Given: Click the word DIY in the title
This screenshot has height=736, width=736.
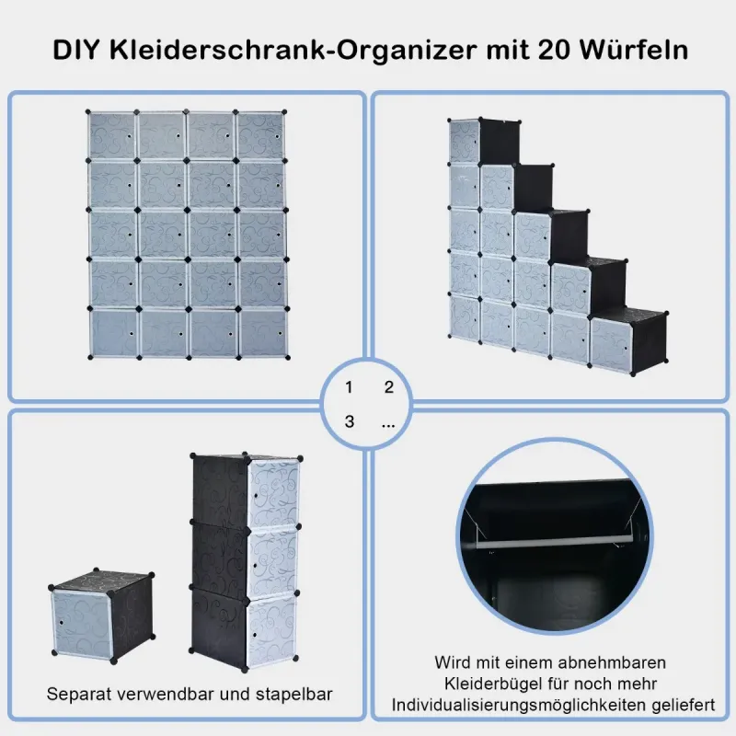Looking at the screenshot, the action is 75,51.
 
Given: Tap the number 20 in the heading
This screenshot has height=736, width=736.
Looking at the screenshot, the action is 555,51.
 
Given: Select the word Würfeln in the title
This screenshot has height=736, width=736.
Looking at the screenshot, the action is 634,50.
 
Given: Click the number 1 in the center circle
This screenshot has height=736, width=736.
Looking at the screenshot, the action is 349,387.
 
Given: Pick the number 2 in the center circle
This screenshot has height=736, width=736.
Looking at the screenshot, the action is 388,387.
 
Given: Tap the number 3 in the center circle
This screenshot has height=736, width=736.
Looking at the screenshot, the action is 349,421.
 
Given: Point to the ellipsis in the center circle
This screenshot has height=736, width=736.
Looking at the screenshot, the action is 388,426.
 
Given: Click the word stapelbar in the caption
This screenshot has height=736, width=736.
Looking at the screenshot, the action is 293,695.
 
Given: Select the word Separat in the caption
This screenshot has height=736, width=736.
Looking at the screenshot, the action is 78,695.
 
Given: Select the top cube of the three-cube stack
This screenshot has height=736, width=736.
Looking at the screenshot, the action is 247,490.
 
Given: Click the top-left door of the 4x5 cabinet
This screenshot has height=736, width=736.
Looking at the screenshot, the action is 111,135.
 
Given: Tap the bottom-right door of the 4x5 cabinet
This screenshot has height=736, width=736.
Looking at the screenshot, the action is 263,333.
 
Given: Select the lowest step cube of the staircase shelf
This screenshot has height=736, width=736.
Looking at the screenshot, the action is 628,340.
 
